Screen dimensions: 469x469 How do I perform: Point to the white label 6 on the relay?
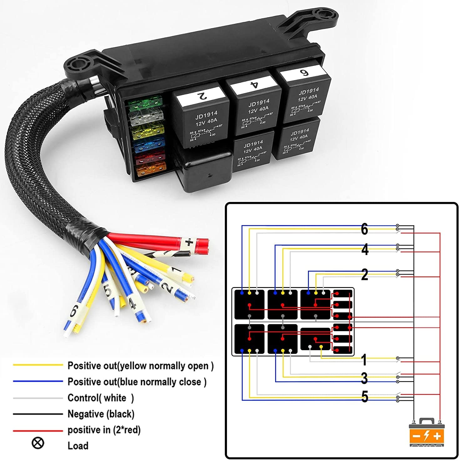(303, 73)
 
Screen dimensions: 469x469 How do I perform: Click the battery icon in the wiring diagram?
(426, 433)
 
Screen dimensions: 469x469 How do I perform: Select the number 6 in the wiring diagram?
(364, 229)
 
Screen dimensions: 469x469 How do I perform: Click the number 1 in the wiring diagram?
(364, 360)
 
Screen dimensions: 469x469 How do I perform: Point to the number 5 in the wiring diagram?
(365, 397)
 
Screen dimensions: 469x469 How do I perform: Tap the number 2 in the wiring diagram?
(365, 275)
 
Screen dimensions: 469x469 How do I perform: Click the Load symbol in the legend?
(38, 443)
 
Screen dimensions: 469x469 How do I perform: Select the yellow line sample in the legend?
(38, 365)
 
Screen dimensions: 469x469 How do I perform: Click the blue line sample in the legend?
(38, 381)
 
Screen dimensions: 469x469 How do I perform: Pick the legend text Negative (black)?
(101, 414)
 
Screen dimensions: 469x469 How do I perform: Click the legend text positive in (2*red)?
(104, 430)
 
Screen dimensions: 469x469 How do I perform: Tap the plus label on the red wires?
(189, 242)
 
